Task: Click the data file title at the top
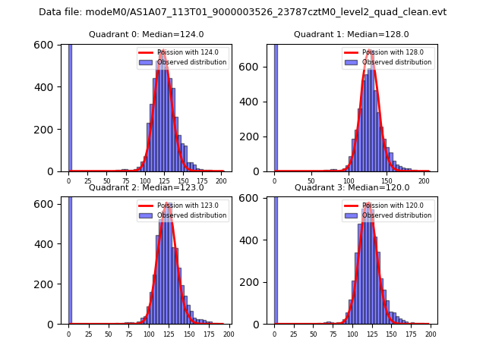coord(243,12)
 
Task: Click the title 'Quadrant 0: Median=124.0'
coord(146,34)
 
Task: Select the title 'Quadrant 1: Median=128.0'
coord(352,34)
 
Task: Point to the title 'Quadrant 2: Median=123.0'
coord(146,187)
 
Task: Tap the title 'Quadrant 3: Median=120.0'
coord(352,187)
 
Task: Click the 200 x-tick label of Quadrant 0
coord(221,180)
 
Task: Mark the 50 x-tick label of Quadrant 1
coord(311,180)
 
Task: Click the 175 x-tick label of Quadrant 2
coord(208,334)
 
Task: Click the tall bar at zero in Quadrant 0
coord(70,106)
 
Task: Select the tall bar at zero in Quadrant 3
coord(275,258)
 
